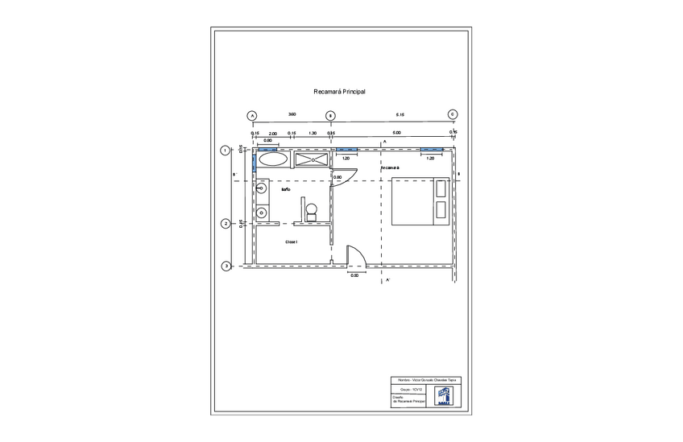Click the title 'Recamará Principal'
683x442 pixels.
(339, 93)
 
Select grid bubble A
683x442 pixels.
(252, 115)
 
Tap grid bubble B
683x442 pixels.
(330, 115)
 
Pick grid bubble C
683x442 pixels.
(453, 114)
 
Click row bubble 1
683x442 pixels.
(226, 150)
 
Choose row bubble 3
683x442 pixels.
(226, 266)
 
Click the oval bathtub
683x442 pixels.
(273, 159)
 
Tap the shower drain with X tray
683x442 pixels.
(313, 159)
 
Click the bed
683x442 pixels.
(420, 201)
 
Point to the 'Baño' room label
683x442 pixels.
(285, 190)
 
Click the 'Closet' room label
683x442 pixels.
(292, 242)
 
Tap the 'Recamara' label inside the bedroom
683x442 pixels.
(391, 167)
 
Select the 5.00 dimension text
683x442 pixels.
(396, 133)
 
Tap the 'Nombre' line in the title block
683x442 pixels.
(425, 379)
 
